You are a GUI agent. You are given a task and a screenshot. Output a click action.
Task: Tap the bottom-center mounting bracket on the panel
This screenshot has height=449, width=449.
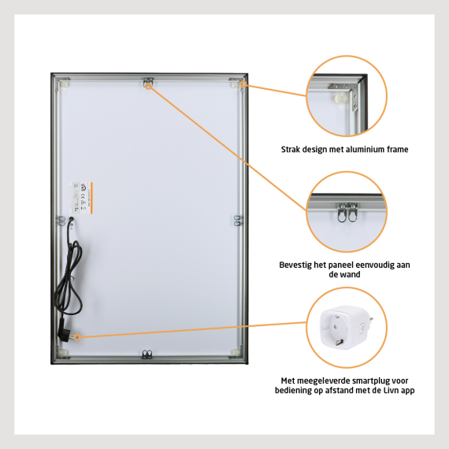point(147,354)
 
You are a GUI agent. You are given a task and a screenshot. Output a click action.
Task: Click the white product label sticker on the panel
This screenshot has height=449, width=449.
point(89,194)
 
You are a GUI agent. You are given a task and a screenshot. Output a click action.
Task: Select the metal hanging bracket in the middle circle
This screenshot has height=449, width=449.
point(347,210)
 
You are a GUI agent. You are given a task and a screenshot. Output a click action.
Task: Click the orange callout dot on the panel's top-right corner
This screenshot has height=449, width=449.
point(244,83)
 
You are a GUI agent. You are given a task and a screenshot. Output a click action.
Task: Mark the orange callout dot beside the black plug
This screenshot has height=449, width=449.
point(77,336)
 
